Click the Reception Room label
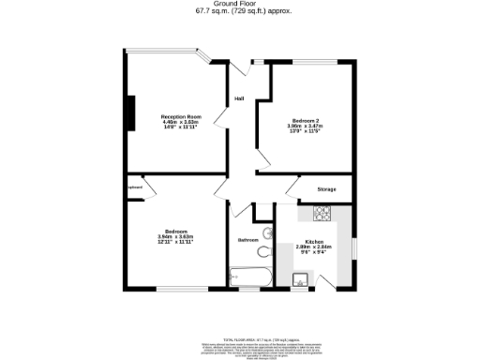(181, 116)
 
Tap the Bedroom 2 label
(306, 123)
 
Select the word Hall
(239, 99)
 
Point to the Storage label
(326, 190)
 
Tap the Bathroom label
(247, 240)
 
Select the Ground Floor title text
(240, 4)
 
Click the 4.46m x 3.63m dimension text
(181, 122)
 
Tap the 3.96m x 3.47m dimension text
(306, 128)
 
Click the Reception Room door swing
(221, 123)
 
